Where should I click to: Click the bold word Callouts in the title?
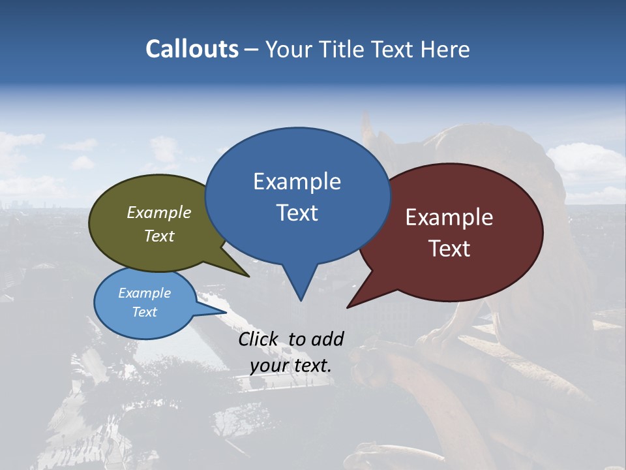(192, 49)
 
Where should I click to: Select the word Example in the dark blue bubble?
(297, 181)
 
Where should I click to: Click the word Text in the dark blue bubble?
(297, 212)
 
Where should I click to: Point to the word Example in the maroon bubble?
(449, 217)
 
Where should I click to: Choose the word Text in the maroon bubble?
(449, 248)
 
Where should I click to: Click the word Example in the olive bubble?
(159, 212)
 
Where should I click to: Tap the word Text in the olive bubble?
(159, 236)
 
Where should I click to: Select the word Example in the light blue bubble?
(145, 293)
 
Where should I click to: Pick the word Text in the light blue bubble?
(145, 312)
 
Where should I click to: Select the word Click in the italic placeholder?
(260, 339)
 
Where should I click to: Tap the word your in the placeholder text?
(269, 366)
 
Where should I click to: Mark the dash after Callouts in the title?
(252, 49)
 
